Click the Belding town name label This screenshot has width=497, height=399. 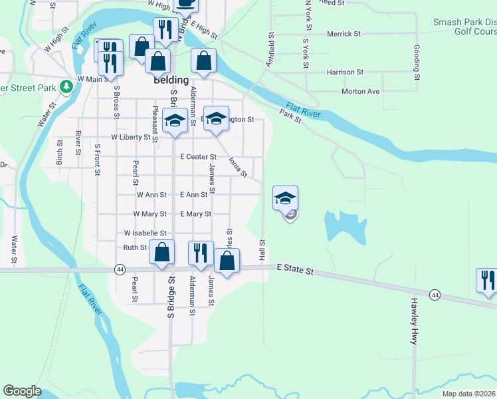pyautogui.click(x=171, y=79)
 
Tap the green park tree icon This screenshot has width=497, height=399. pyautogui.click(x=66, y=86)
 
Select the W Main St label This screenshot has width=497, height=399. pyautogui.click(x=92, y=79)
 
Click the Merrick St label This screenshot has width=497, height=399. pyautogui.click(x=344, y=33)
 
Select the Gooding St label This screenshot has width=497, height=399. pyautogui.click(x=417, y=59)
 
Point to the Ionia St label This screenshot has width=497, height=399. pyautogui.click(x=237, y=167)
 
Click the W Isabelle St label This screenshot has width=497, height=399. pyautogui.click(x=145, y=233)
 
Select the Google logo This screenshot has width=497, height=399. pyautogui.click(x=22, y=391)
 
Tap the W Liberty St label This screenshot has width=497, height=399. pyautogui.click(x=132, y=138)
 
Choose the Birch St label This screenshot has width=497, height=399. pyautogui.click(x=60, y=152)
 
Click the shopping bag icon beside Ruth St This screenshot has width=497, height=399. pyautogui.click(x=161, y=253)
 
